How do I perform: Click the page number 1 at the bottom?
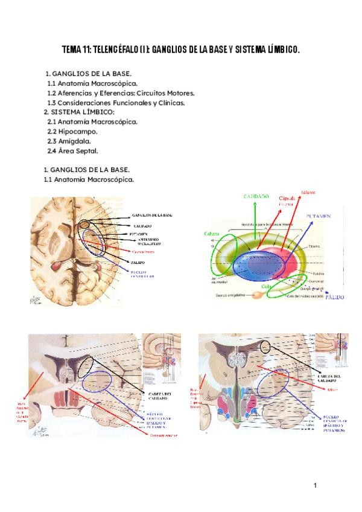coord(314,485)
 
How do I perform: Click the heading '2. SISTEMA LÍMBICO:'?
coord(79,112)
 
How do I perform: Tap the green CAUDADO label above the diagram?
coord(256,197)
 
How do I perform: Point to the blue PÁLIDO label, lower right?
coord(335,297)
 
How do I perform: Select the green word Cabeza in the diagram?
coord(212,233)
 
